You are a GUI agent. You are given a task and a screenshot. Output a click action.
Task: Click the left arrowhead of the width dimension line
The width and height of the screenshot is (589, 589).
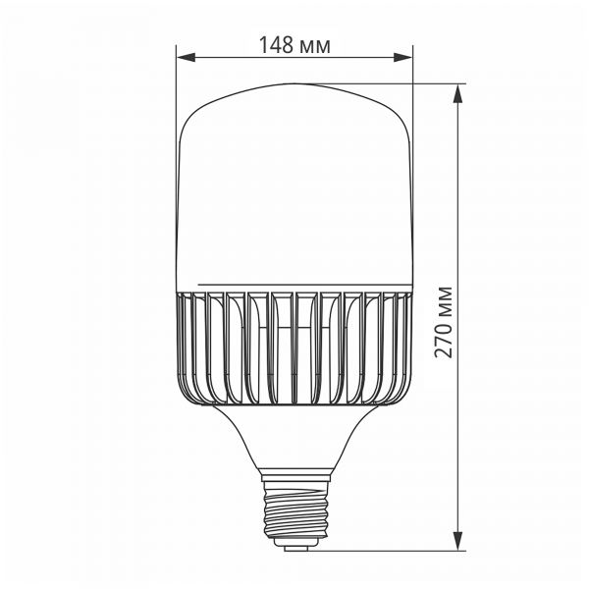(x=184, y=58)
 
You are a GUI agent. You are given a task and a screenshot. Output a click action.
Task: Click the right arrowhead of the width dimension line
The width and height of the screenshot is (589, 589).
(x=405, y=58)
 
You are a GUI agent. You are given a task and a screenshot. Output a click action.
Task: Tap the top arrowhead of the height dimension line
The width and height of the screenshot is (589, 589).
(x=458, y=90)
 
